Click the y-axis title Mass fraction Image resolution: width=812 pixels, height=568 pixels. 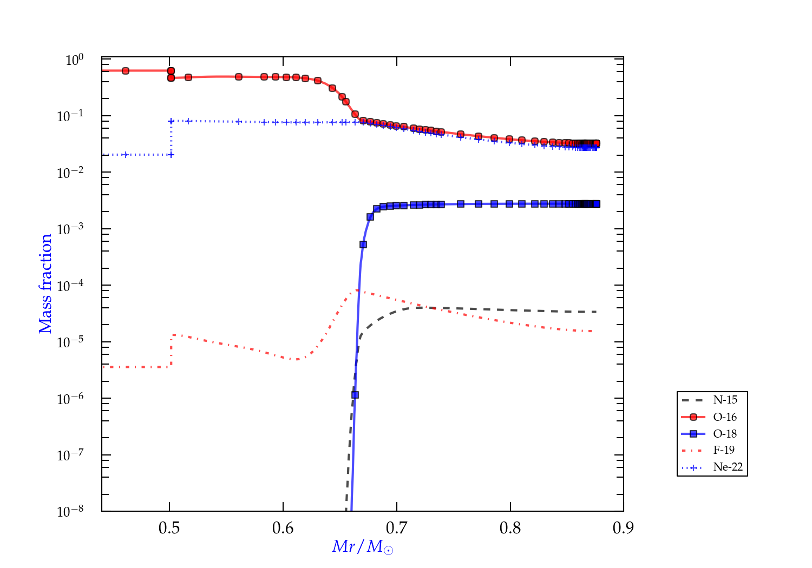coord(45,283)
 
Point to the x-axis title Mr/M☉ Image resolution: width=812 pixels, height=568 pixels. coord(363,547)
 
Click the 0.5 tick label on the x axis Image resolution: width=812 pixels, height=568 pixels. coord(169,528)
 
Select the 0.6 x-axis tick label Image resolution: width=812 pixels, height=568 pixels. coord(283,528)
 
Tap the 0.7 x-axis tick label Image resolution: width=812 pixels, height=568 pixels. coord(397,528)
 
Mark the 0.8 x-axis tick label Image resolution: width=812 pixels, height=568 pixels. coord(510,528)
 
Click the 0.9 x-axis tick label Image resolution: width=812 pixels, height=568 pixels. coord(623,528)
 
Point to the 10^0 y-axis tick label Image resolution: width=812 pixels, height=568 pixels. coord(75,60)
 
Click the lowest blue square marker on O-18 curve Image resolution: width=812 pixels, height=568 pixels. coord(355,395)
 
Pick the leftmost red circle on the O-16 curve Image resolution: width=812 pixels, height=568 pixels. coord(126,71)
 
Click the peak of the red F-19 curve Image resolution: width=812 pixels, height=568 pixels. coord(356,290)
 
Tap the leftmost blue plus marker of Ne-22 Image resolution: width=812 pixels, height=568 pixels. coord(126,155)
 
